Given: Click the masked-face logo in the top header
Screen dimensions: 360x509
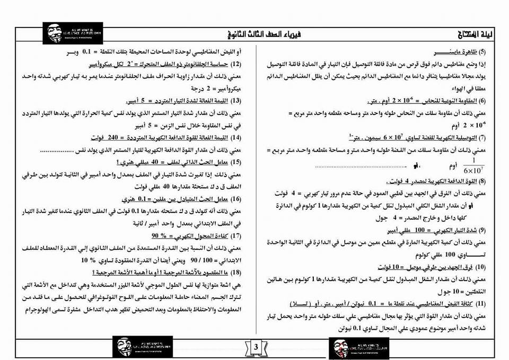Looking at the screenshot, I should (x=54, y=32).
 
